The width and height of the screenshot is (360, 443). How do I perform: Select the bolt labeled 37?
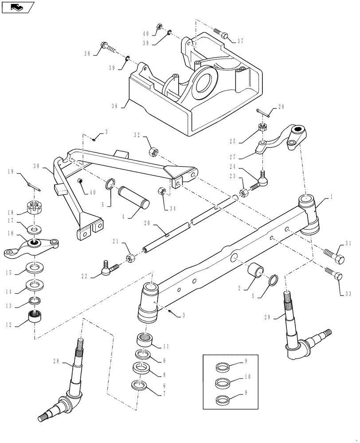pyautogui.click(x=221, y=33)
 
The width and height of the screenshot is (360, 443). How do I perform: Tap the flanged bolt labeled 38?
pyautogui.click(x=106, y=47)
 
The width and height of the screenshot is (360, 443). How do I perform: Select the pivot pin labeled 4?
pyautogui.click(x=133, y=198)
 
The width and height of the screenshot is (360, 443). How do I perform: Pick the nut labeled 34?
pyautogui.click(x=162, y=191)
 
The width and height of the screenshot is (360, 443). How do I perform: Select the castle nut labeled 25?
pyautogui.click(x=262, y=128)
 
